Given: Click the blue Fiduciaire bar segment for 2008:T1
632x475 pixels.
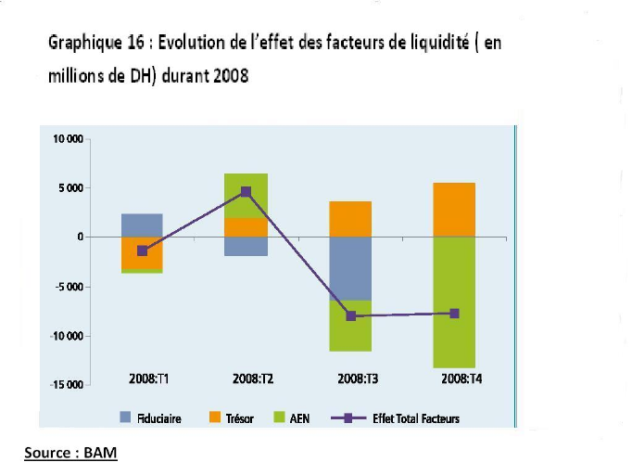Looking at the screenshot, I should (x=142, y=225).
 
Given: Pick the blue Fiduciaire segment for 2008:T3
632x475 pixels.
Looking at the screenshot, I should (x=349, y=268).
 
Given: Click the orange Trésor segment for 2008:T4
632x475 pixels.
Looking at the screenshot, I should (x=453, y=210).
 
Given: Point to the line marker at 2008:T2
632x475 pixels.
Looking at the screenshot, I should (x=246, y=192).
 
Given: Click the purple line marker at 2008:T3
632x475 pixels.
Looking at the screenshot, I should (x=350, y=316).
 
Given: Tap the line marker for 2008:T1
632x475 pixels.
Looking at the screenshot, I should (x=142, y=250).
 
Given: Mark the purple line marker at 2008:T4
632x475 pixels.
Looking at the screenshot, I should (x=454, y=314).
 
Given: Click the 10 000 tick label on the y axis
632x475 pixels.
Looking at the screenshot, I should (x=67, y=139).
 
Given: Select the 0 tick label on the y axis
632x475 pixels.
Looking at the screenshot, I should (x=81, y=237).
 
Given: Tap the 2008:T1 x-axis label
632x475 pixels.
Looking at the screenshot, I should (x=142, y=379).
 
